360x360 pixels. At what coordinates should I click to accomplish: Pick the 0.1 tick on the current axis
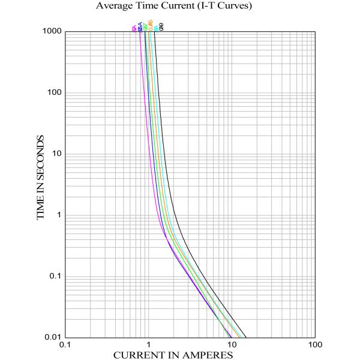click(x=65, y=346)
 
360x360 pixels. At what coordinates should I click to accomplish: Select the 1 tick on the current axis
click(x=149, y=346)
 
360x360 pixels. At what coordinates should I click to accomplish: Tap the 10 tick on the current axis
click(x=232, y=346)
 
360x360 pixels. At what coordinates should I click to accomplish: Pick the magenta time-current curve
click(x=148, y=150)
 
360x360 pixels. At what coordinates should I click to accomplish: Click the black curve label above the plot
click(x=161, y=26)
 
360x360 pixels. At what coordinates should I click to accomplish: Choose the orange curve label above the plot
click(x=151, y=26)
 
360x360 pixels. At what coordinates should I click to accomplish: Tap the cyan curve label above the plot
click(x=156, y=26)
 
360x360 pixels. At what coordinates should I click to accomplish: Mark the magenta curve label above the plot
click(x=134, y=27)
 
